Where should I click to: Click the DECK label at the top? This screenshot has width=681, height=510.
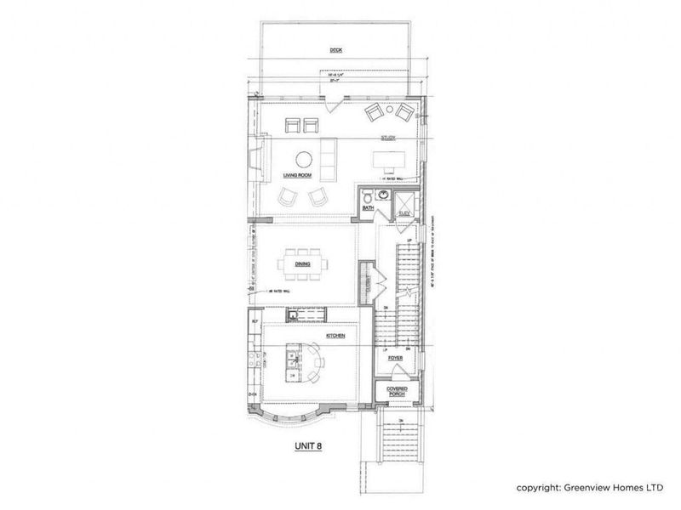point(336,51)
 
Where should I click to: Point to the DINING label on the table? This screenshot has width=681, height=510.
point(302,264)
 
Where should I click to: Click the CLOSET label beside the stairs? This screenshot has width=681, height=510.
point(367,280)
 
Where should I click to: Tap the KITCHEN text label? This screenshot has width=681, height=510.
point(334,337)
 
